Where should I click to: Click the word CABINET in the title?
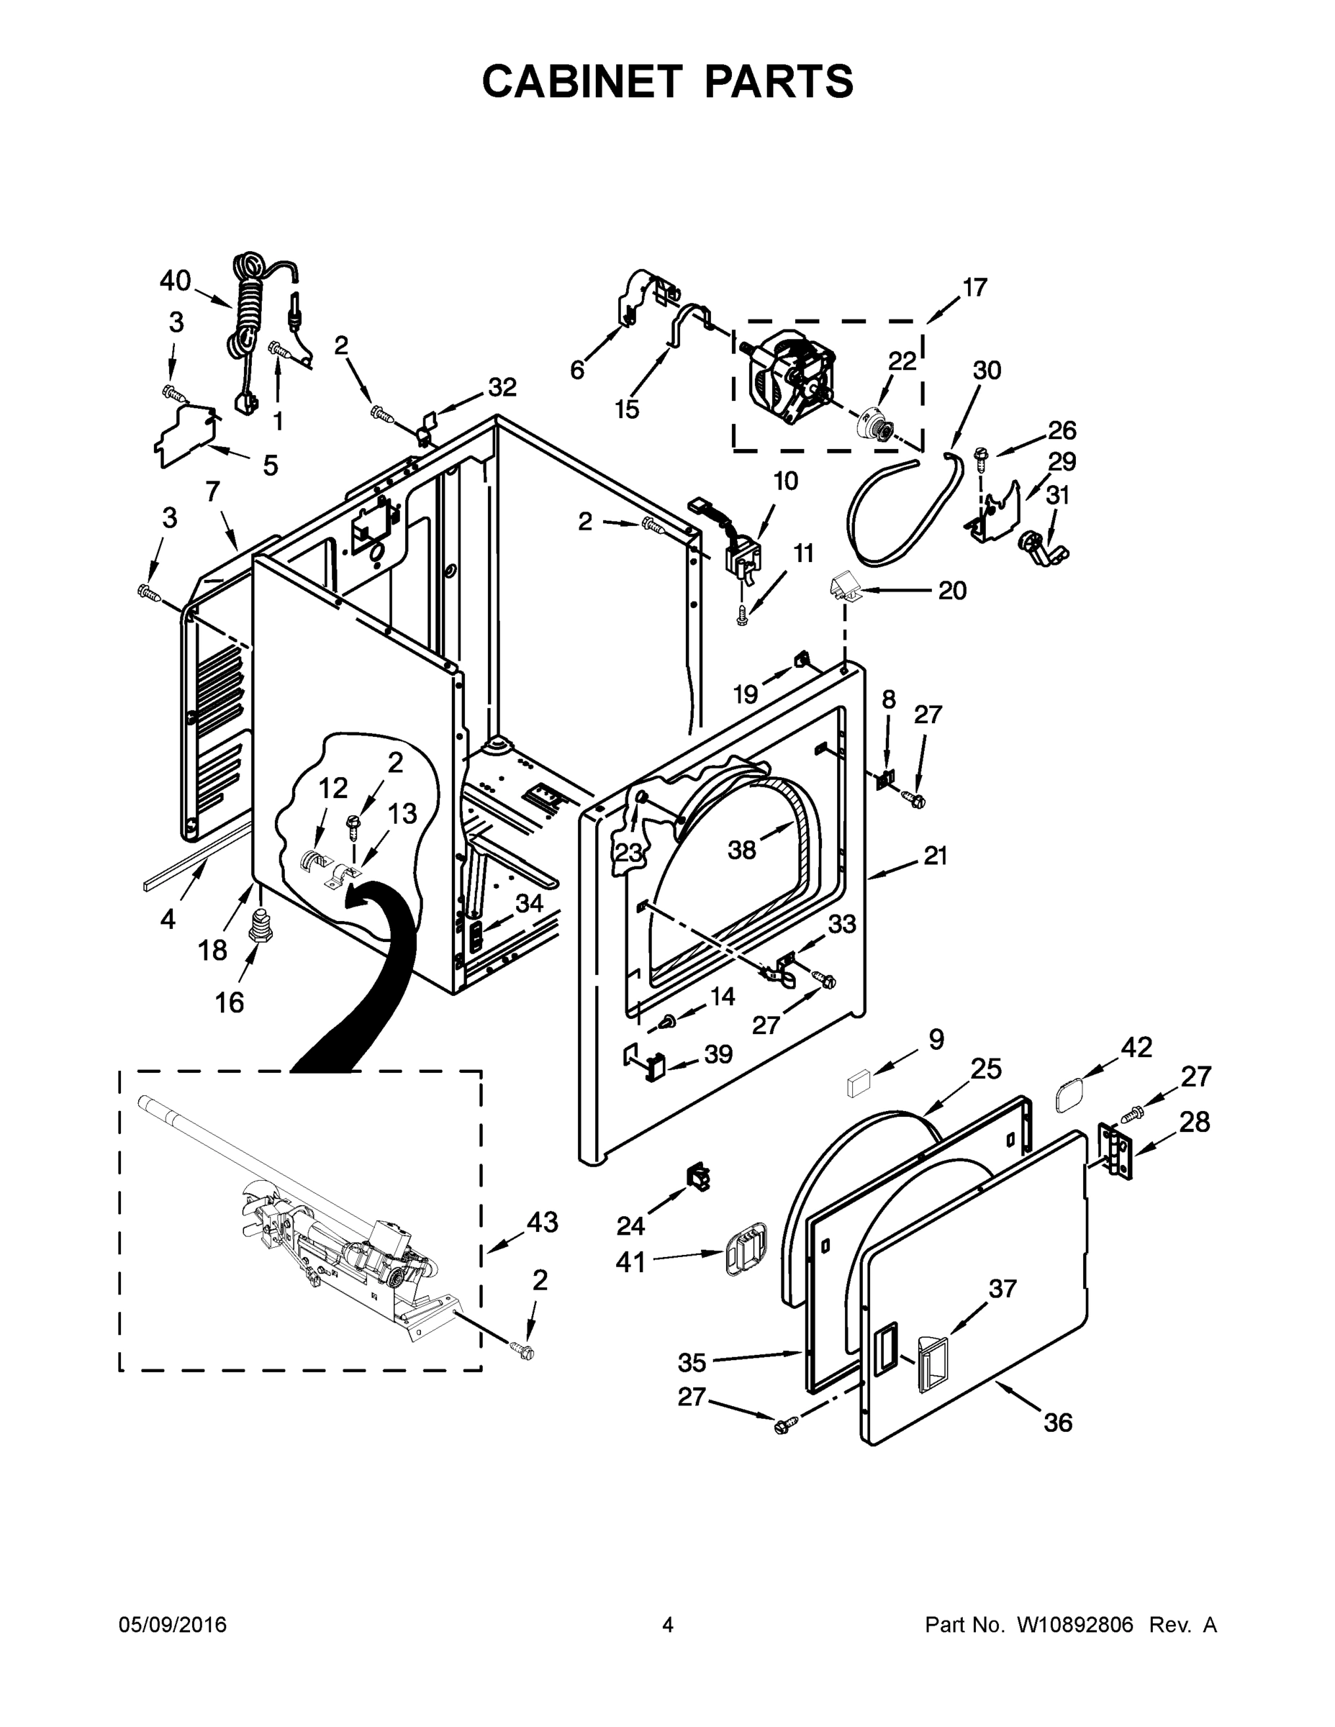click(x=581, y=81)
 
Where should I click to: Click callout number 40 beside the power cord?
click(x=175, y=280)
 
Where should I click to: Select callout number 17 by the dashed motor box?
click(x=974, y=287)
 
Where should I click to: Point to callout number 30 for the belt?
click(x=986, y=370)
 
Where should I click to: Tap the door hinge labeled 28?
click(x=1115, y=1152)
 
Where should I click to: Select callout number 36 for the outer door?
click(x=1057, y=1423)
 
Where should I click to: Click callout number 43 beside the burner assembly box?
click(x=542, y=1222)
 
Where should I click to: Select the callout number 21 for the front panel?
click(x=935, y=856)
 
